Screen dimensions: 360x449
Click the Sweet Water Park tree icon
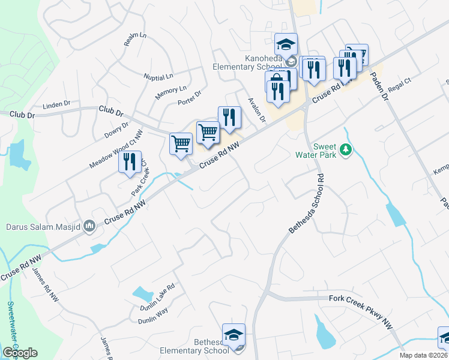(x=345, y=149)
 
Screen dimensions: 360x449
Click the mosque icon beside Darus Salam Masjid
(x=89, y=226)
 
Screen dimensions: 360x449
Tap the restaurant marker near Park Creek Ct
(x=130, y=163)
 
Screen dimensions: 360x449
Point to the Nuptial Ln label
(x=158, y=76)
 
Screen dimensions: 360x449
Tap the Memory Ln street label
(x=171, y=93)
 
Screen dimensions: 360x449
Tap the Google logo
(x=20, y=353)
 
